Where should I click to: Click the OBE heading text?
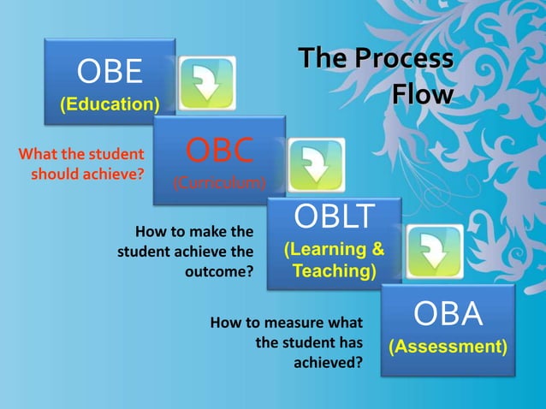tap(110, 72)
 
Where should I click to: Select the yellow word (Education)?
tap(110, 105)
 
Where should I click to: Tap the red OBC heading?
tap(219, 150)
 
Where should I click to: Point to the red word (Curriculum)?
tap(219, 182)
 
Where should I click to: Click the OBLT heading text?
tap(334, 217)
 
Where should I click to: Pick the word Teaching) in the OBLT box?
tap(334, 271)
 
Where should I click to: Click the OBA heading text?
tap(448, 314)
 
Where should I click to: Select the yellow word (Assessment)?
tap(448, 347)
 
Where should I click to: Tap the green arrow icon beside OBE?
tap(206, 83)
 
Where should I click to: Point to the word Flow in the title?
tap(422, 94)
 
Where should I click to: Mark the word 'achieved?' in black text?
tap(328, 362)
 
